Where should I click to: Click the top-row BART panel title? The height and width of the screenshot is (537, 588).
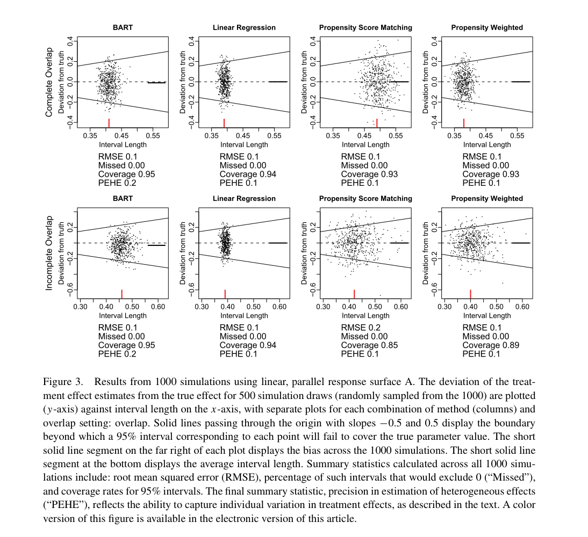pyautogui.click(x=123, y=27)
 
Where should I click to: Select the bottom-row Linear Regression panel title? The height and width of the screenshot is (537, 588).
pyautogui.click(x=244, y=199)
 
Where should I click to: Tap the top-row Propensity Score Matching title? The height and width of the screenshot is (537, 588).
pyautogui.click(x=365, y=27)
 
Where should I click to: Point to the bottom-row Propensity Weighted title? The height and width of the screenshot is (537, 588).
pyautogui.click(x=487, y=199)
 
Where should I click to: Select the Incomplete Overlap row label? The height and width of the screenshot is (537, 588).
pyautogui.click(x=49, y=253)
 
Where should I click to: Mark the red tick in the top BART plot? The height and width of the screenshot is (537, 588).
pyautogui.click(x=109, y=122)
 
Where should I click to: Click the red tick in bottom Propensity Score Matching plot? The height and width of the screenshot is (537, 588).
pyautogui.click(x=354, y=294)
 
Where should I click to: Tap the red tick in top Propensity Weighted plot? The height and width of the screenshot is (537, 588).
pyautogui.click(x=463, y=122)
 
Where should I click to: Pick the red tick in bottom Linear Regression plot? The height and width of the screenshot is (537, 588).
pyautogui.click(x=225, y=294)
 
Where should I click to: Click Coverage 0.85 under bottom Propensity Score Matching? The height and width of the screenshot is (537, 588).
pyautogui.click(x=369, y=345)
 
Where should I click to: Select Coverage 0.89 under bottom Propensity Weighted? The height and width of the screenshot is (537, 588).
pyautogui.click(x=491, y=345)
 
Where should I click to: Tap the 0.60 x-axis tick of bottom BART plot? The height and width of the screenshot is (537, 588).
pyautogui.click(x=158, y=307)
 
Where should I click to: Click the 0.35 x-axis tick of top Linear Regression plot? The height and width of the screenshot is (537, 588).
pyautogui.click(x=210, y=135)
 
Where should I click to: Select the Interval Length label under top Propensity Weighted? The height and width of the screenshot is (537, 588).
pyautogui.click(x=487, y=144)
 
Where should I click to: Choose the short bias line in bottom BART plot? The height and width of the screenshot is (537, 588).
pyautogui.click(x=156, y=245)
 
